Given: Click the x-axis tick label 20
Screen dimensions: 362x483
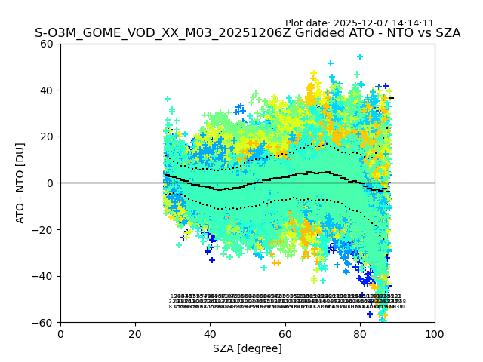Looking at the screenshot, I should [x=135, y=334].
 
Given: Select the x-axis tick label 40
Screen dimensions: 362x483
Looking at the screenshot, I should [x=210, y=334].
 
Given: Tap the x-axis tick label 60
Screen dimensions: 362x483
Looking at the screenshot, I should [x=285, y=334].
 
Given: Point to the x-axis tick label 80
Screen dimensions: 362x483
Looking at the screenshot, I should [x=359, y=334].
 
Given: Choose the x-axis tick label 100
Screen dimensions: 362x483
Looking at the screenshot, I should [x=435, y=334].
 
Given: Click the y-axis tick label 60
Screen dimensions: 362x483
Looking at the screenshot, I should [x=48, y=44].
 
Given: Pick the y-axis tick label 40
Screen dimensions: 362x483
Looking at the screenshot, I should [x=48, y=90].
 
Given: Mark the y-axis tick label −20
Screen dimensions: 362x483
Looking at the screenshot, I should [x=44, y=230].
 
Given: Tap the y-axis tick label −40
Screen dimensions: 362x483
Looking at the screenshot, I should [x=44, y=276].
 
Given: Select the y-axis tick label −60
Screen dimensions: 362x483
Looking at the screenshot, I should [x=44, y=323].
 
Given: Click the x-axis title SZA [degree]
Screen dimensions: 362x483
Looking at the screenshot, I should [x=248, y=348].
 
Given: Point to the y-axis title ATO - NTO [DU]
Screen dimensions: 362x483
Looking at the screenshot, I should [x=21, y=183].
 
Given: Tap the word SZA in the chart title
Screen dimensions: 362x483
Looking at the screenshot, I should [x=446, y=33].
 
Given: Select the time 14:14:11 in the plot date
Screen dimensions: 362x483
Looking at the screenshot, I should [x=413, y=23].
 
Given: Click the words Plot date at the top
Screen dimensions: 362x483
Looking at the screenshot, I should [x=308, y=23].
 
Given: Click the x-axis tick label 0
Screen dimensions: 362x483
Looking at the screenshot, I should [x=60, y=334].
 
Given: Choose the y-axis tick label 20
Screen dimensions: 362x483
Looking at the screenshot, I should [x=48, y=137].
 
